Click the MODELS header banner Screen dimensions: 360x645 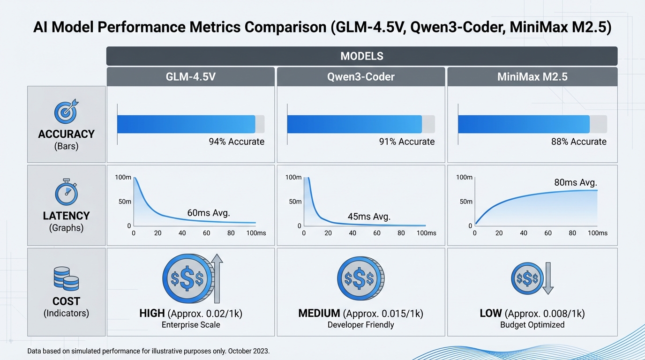[x=361, y=56]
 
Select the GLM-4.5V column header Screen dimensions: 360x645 [x=190, y=76]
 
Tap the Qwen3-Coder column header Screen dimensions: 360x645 [x=360, y=76]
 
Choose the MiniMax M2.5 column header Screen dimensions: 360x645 [x=532, y=76]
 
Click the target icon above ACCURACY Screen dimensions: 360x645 [x=66, y=112]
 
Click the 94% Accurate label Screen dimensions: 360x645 [x=236, y=142]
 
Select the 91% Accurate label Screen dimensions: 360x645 [x=406, y=142]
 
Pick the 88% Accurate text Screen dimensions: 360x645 [x=578, y=142]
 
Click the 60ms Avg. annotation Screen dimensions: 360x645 [x=209, y=213]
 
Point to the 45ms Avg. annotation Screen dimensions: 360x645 [x=369, y=217]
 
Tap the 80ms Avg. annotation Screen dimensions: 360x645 [x=575, y=183]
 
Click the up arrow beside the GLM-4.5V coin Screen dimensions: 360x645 [x=217, y=279]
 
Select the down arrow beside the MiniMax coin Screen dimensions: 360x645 [x=547, y=278]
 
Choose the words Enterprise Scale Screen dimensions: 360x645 [x=190, y=324]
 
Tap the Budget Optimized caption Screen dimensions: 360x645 [x=532, y=324]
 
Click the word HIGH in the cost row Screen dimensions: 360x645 [x=152, y=313]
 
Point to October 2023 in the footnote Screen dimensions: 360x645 [x=254, y=351]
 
